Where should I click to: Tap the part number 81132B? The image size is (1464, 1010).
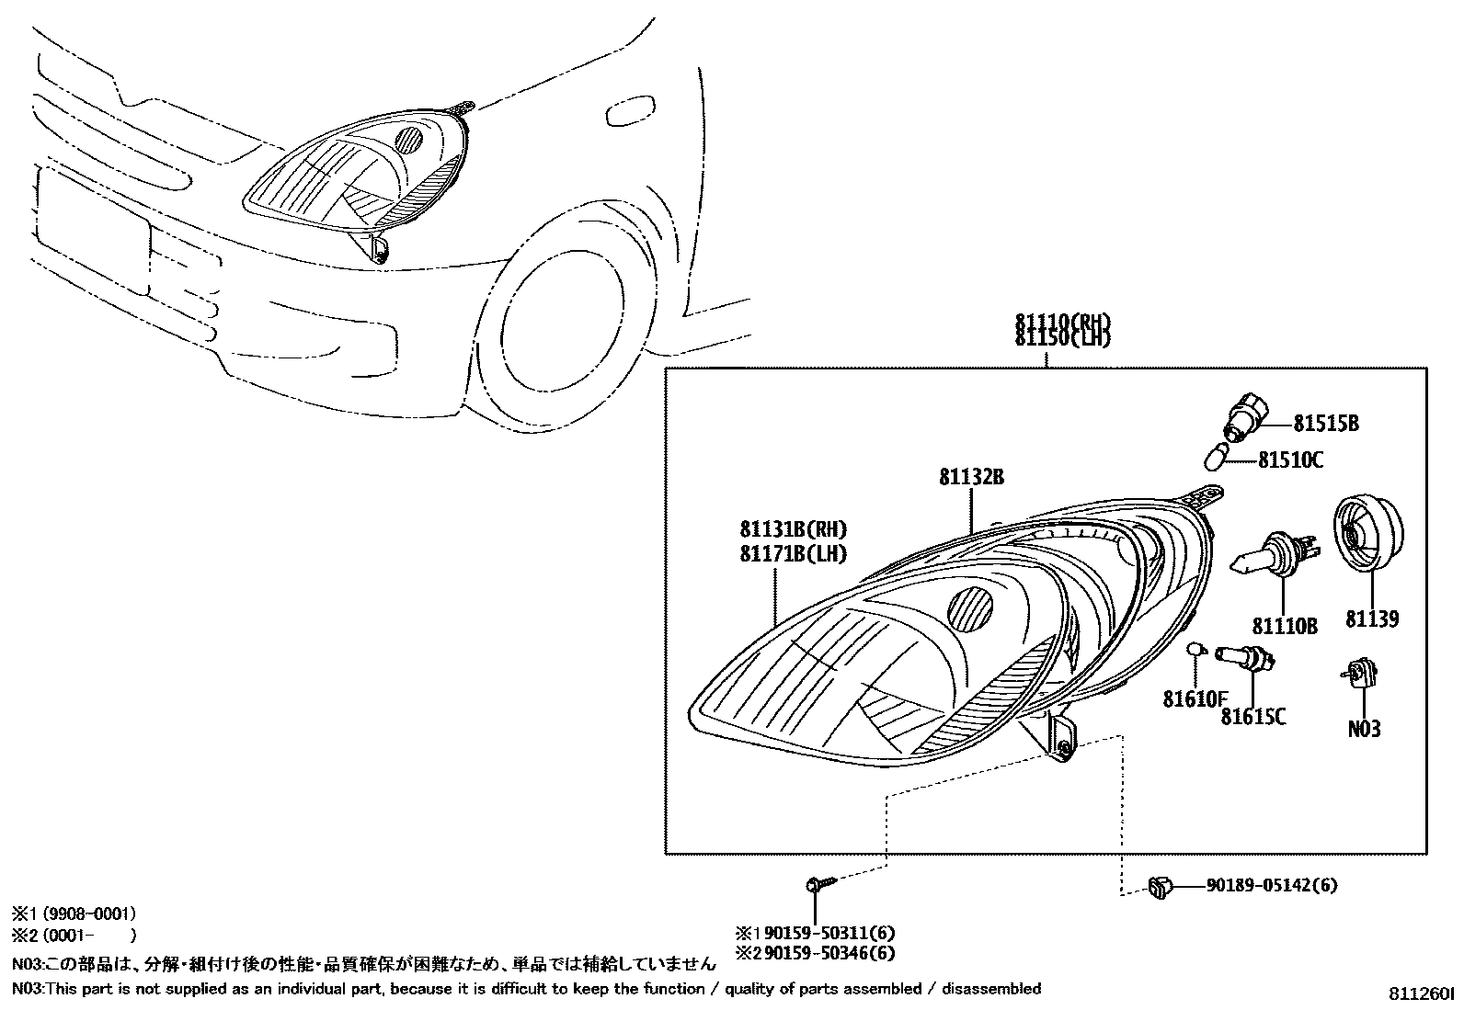pos(970,477)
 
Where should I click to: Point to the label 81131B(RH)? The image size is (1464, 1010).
pos(793,529)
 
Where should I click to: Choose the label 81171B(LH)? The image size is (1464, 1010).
pos(793,554)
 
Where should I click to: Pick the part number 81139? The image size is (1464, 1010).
pos(1372,619)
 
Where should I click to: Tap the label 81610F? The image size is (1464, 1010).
pos(1195,699)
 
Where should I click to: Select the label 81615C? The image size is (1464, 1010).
pos(1253,716)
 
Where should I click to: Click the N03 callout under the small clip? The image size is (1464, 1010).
pos(1364,729)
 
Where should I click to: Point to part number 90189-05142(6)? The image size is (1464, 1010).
pos(1272,886)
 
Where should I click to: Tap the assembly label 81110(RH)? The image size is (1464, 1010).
pos(1063,323)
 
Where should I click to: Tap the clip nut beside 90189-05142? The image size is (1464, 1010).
pos(1159,887)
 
